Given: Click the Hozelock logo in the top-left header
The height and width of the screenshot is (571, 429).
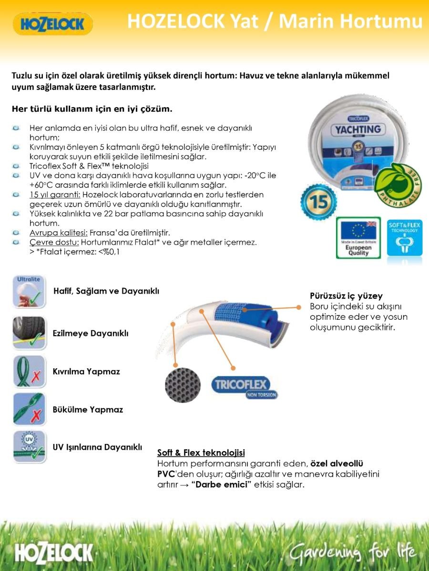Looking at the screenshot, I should [x=53, y=24].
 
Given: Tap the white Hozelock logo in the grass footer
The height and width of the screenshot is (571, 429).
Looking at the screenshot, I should [x=54, y=553].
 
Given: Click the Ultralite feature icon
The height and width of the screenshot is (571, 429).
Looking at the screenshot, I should [x=29, y=292].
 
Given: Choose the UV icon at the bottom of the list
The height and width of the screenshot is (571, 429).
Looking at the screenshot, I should [x=29, y=447].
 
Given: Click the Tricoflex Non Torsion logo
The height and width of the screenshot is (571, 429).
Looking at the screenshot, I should [x=244, y=387].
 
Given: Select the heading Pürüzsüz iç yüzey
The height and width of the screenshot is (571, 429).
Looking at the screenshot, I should [x=346, y=296].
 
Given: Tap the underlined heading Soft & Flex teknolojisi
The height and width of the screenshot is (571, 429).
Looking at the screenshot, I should [x=201, y=453].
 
